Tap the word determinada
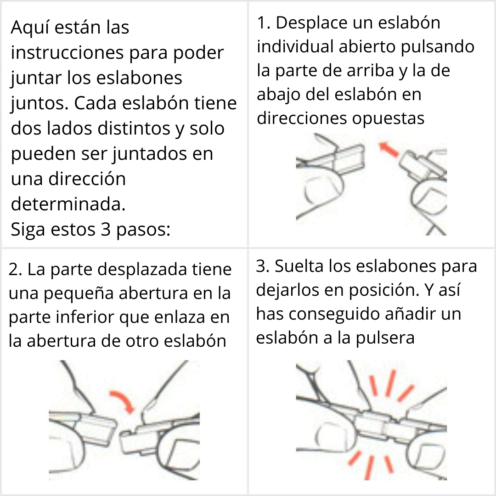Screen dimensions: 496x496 68,204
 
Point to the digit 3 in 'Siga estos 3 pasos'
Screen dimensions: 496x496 104,229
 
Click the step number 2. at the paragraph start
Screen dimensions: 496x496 15,270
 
